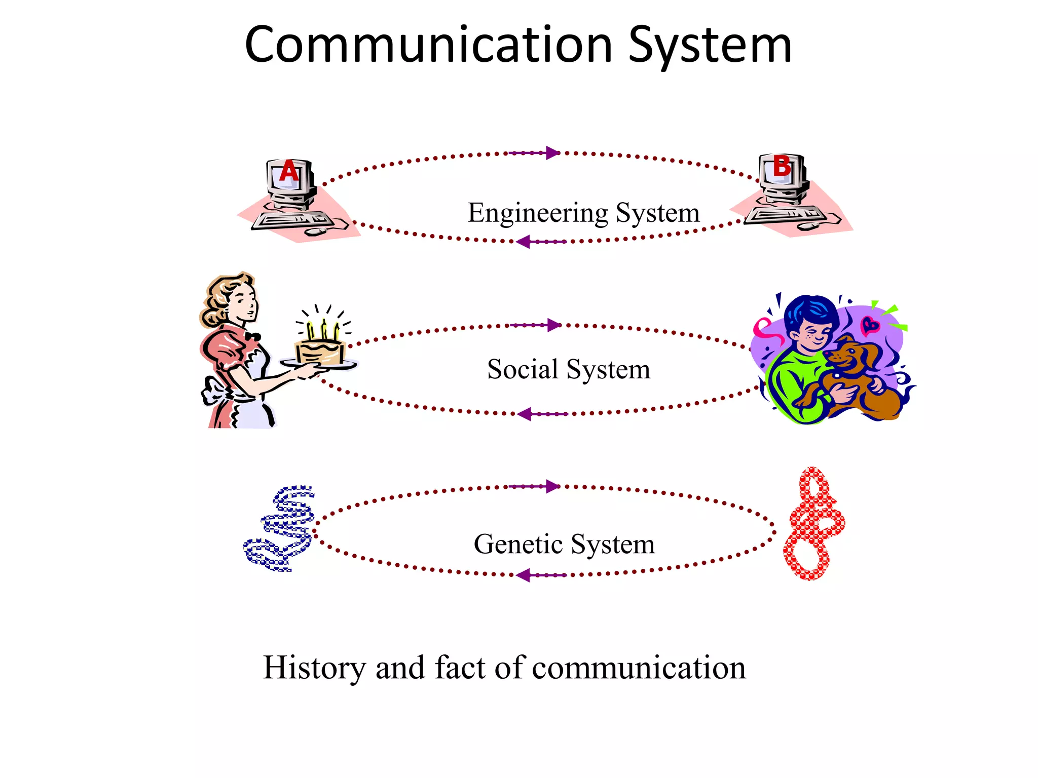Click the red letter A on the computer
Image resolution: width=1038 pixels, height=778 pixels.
pyautogui.click(x=289, y=171)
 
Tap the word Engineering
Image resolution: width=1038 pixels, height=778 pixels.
pyautogui.click(x=537, y=213)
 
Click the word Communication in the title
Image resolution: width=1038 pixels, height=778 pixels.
pyautogui.click(x=428, y=46)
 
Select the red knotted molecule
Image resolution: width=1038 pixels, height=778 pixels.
pyautogui.click(x=813, y=524)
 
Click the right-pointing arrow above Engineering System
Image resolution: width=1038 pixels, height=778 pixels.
pyautogui.click(x=551, y=152)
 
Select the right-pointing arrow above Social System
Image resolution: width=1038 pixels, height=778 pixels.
pyautogui.click(x=553, y=325)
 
